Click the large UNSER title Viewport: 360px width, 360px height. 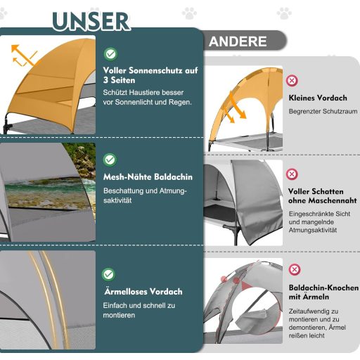tap(91, 21)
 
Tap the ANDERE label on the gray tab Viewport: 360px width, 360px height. tap(238, 41)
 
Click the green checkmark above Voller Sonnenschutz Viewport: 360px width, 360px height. tap(110, 54)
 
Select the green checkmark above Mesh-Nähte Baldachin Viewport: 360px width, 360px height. tap(110, 160)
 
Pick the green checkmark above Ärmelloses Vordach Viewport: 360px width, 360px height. tap(108, 274)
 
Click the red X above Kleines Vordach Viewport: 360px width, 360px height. tap(292, 81)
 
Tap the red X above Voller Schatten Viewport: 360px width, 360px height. tap(292, 174)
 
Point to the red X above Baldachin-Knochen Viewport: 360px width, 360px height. tap(295, 269)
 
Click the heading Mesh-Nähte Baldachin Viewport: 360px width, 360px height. tap(148, 177)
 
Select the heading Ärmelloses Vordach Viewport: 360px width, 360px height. tap(143, 292)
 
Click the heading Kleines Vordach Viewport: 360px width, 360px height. tap(318, 98)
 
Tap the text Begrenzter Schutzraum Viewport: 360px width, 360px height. tap(323, 111)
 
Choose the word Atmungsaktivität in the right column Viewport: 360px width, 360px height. tap(313, 230)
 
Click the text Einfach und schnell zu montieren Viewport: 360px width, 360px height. tap(139, 310)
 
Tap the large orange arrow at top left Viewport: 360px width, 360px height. tap(25, 55)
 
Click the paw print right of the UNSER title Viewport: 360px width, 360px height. tap(189, 13)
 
